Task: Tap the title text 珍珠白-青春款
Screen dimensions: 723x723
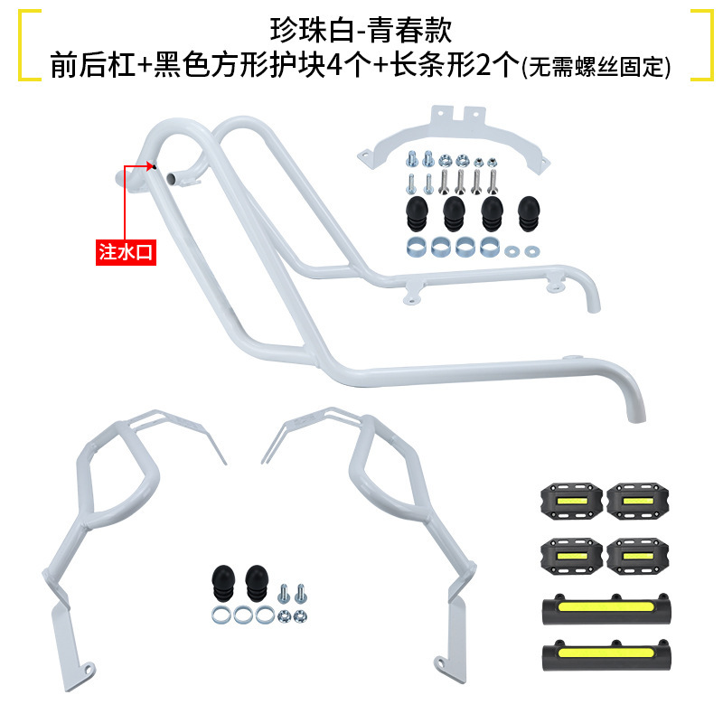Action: pyautogui.click(x=361, y=28)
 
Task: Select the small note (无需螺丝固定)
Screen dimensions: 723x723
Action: pyautogui.click(x=596, y=68)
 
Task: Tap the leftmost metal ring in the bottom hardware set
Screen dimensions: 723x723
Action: pyautogui.click(x=220, y=615)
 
